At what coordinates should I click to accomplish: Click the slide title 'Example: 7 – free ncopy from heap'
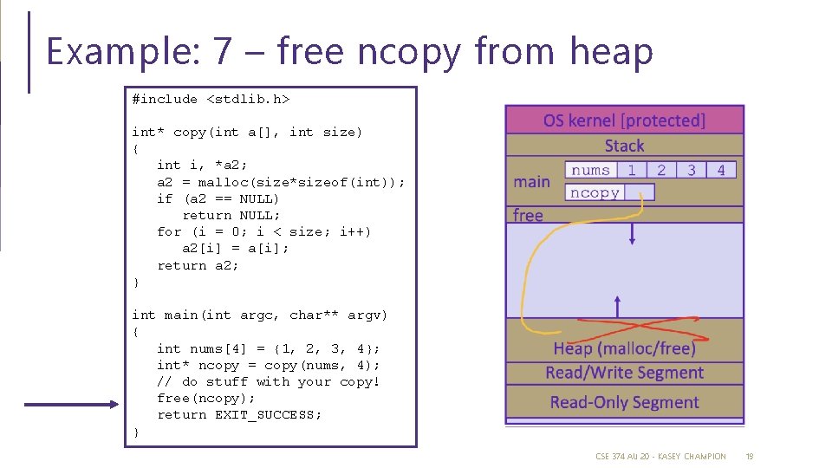[348, 52]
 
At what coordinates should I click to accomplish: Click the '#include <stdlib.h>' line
[211, 99]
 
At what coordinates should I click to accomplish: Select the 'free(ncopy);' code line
[206, 398]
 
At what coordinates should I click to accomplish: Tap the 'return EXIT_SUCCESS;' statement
[239, 414]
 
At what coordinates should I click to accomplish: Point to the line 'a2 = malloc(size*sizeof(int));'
[281, 182]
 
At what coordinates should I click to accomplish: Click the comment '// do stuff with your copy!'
[269, 381]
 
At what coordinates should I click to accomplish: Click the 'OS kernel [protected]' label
[624, 120]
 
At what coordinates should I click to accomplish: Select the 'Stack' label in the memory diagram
[624, 146]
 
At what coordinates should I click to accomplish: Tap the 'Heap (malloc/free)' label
[624, 348]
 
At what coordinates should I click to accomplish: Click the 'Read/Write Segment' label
[624, 373]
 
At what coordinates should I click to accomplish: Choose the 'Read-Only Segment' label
[624, 402]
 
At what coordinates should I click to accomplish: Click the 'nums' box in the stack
[590, 170]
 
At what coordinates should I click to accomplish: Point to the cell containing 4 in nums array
[721, 170]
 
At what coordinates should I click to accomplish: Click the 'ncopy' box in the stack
[595, 192]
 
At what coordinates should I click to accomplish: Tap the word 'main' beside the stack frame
[531, 182]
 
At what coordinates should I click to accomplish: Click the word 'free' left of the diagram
[528, 215]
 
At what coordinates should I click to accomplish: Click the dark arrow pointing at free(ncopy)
[69, 404]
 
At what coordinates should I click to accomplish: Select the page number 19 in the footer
[750, 456]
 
